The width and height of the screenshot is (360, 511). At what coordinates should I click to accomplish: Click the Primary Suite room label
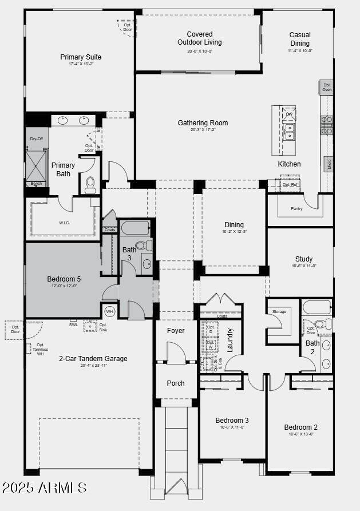(81, 57)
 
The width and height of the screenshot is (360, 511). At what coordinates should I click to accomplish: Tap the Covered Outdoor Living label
(199, 38)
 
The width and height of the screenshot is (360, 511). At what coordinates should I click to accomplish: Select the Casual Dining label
(300, 39)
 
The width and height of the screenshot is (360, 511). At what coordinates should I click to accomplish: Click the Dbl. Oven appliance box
(326, 87)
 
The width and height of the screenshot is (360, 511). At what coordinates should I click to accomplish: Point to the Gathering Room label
(203, 123)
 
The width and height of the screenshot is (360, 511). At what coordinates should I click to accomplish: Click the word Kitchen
(289, 164)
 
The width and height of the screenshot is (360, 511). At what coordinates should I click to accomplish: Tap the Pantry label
(296, 209)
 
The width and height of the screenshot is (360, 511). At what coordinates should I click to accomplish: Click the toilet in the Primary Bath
(90, 184)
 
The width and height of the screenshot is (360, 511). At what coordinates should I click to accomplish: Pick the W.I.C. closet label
(64, 223)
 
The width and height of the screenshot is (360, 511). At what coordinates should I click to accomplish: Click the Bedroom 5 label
(64, 279)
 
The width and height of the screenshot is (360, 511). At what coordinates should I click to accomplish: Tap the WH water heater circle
(110, 311)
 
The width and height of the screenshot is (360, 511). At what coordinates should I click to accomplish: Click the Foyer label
(176, 331)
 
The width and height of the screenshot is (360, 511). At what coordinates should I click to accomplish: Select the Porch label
(176, 383)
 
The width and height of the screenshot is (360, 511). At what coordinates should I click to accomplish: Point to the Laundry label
(231, 339)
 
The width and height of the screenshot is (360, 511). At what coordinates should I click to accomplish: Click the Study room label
(304, 259)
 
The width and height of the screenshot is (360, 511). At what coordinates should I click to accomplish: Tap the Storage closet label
(279, 312)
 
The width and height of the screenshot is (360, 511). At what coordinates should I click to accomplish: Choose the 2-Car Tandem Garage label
(93, 359)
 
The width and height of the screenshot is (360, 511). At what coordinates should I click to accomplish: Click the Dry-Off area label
(37, 138)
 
